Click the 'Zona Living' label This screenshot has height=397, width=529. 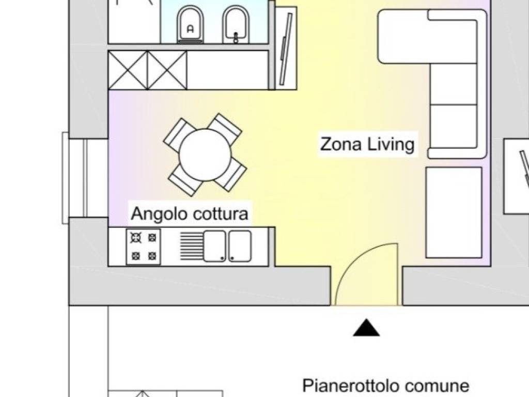[367, 144]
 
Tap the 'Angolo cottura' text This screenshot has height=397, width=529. [189, 213]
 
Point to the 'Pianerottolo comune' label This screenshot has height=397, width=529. [385, 386]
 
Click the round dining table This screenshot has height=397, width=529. [205, 155]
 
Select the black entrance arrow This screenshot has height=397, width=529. [366, 328]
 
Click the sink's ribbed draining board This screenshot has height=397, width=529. [191, 246]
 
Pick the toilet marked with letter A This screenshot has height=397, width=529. [190, 26]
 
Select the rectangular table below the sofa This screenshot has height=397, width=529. [454, 212]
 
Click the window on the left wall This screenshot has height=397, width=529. [66, 178]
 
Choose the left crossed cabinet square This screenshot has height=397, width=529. [128, 70]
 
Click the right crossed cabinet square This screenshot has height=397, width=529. [167, 70]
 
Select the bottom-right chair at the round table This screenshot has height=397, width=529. [230, 175]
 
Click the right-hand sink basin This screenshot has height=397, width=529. [240, 246]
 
